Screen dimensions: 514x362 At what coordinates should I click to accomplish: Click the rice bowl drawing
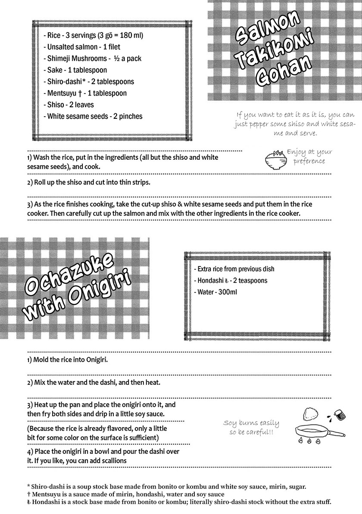(x=273, y=159)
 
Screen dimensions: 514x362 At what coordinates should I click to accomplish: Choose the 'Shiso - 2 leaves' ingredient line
(x=69, y=105)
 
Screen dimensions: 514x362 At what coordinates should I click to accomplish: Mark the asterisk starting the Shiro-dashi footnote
(x=28, y=487)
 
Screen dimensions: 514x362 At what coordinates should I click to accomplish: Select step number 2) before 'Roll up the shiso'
(x=30, y=182)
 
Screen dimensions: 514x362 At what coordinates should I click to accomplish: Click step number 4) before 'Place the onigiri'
(x=30, y=451)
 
